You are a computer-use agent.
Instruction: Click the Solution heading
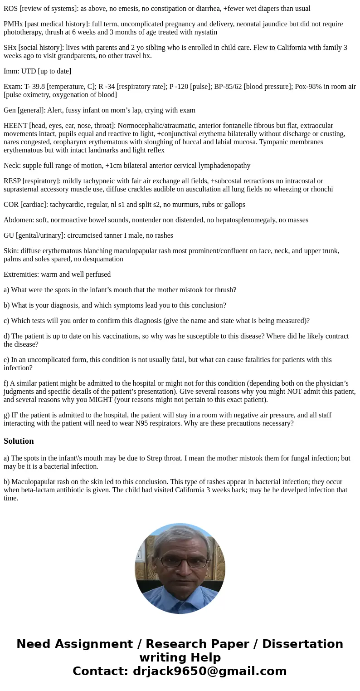[19, 441]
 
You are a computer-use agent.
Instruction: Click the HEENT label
[15, 126]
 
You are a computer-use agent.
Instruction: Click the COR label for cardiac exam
[11, 205]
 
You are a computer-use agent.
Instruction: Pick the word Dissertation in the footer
[302, 644]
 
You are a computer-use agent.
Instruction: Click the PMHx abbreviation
[13, 24]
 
